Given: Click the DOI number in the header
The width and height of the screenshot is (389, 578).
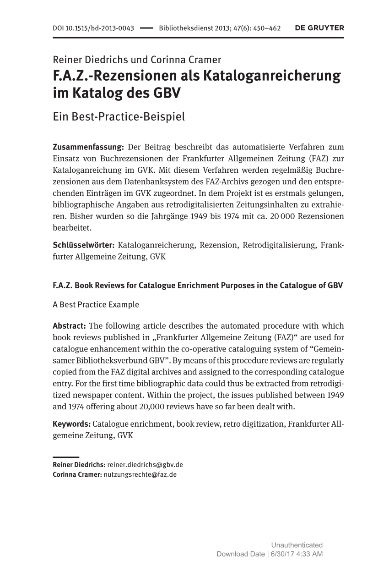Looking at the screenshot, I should click(x=93, y=28).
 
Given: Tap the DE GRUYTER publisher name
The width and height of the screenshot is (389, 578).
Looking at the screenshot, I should click(x=319, y=28).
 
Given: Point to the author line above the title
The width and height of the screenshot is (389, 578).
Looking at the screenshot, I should click(x=137, y=60).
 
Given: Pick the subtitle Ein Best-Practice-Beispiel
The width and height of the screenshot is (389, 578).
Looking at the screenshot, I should click(x=119, y=116).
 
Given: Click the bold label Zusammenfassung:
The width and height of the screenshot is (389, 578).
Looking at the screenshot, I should click(x=89, y=147).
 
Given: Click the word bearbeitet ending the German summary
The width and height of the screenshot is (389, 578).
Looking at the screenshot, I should click(x=72, y=227).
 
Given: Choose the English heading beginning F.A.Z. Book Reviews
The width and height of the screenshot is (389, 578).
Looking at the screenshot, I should click(x=198, y=285).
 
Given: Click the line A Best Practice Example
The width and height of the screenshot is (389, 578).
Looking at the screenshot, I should click(x=96, y=304).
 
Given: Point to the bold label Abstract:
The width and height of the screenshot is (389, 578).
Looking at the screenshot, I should click(x=70, y=326).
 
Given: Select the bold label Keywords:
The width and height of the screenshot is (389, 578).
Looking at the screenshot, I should click(x=72, y=424).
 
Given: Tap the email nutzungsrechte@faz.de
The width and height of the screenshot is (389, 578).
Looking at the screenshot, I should click(x=140, y=474).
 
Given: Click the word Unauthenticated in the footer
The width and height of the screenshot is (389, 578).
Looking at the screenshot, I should click(x=297, y=545).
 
